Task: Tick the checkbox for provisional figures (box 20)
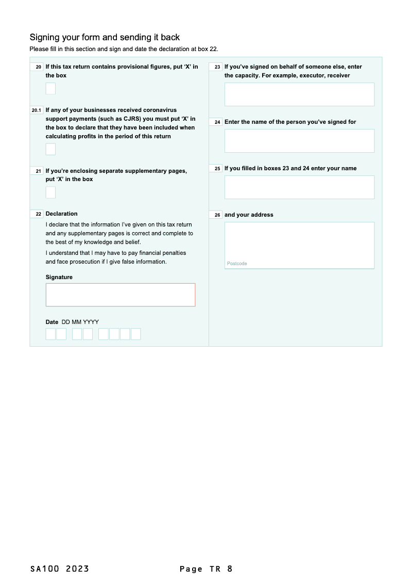tap(50, 89)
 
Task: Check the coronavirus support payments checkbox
tap(50, 149)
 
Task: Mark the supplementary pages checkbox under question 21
tap(50, 192)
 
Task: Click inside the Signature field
tap(121, 295)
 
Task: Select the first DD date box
tap(50, 334)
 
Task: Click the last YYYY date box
tap(135, 334)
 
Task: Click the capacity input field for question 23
tap(299, 94)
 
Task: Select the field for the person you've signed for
tap(299, 141)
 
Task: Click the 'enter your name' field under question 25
tap(299, 187)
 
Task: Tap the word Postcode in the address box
tap(237, 264)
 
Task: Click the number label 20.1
tap(36, 110)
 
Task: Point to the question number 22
tap(39, 214)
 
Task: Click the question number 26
tap(217, 215)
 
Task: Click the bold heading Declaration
tap(61, 214)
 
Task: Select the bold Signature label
tap(59, 277)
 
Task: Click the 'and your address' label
tap(249, 215)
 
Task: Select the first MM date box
tap(77, 334)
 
